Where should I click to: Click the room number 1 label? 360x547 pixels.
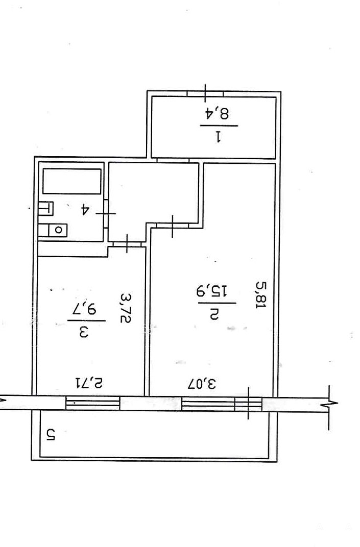click(x=219, y=136)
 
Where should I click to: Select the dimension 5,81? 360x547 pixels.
click(x=261, y=295)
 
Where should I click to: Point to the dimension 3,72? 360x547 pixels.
click(x=126, y=308)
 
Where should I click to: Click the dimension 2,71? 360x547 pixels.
click(x=89, y=383)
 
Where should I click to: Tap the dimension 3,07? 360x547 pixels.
click(x=202, y=383)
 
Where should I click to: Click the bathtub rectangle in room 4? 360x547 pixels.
click(x=71, y=182)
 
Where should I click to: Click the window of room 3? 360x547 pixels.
click(x=93, y=403)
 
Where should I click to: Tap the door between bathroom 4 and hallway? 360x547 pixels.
click(x=106, y=214)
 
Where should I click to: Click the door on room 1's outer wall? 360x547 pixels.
click(x=205, y=94)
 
